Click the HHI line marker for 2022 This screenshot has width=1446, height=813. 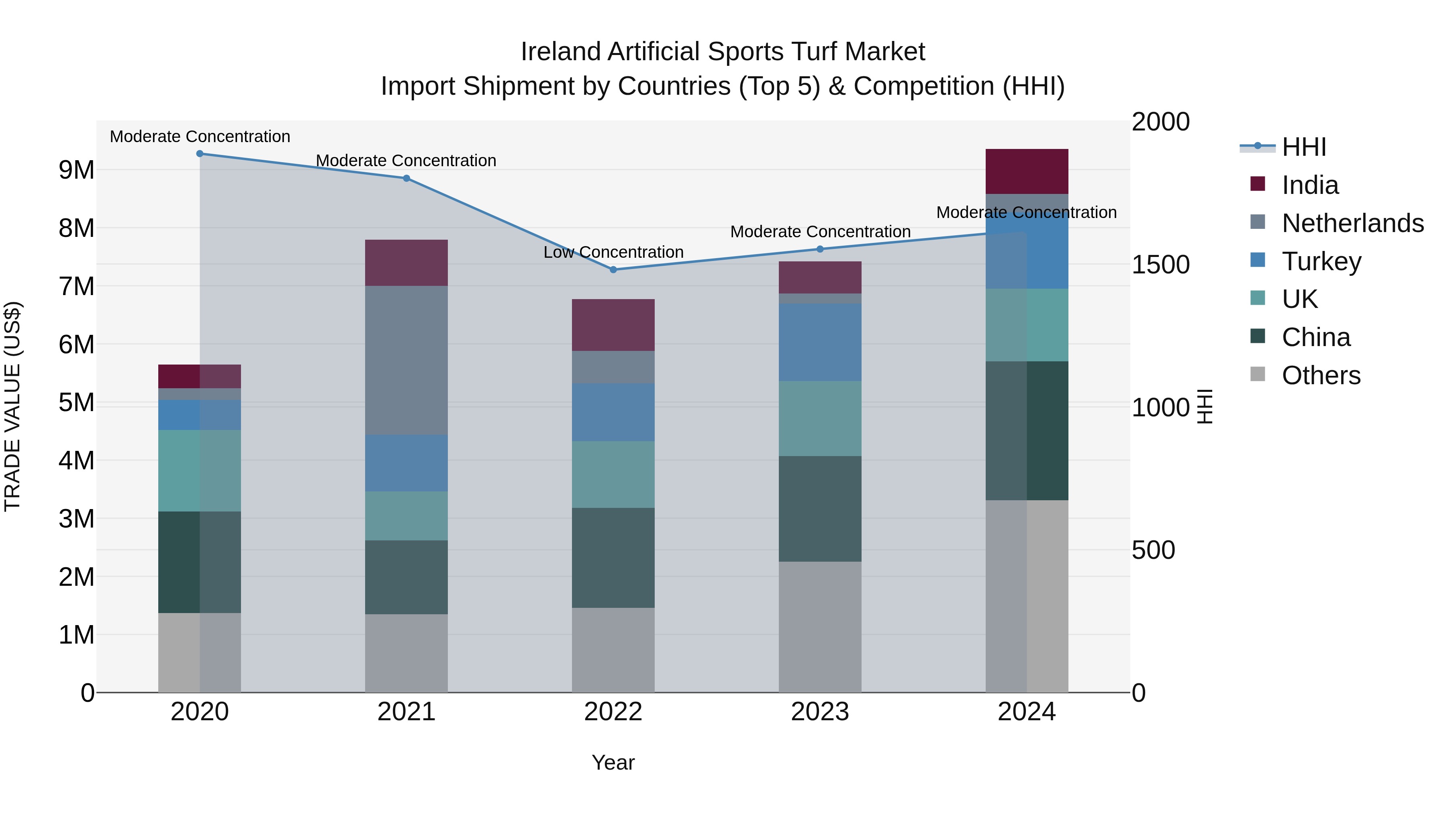613,269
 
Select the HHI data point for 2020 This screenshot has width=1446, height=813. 200,153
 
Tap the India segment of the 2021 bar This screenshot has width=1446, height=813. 406,263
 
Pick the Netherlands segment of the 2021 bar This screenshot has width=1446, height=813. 406,360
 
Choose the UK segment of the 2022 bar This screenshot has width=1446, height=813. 613,474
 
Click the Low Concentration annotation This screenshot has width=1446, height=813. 613,252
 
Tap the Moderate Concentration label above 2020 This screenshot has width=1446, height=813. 200,137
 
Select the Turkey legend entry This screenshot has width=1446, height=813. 1321,261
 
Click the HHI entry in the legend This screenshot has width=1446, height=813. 1303,147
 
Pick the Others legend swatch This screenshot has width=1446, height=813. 1258,374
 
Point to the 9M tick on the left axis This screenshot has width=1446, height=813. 76,169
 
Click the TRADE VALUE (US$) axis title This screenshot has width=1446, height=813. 12,406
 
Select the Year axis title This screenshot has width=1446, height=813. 613,762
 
